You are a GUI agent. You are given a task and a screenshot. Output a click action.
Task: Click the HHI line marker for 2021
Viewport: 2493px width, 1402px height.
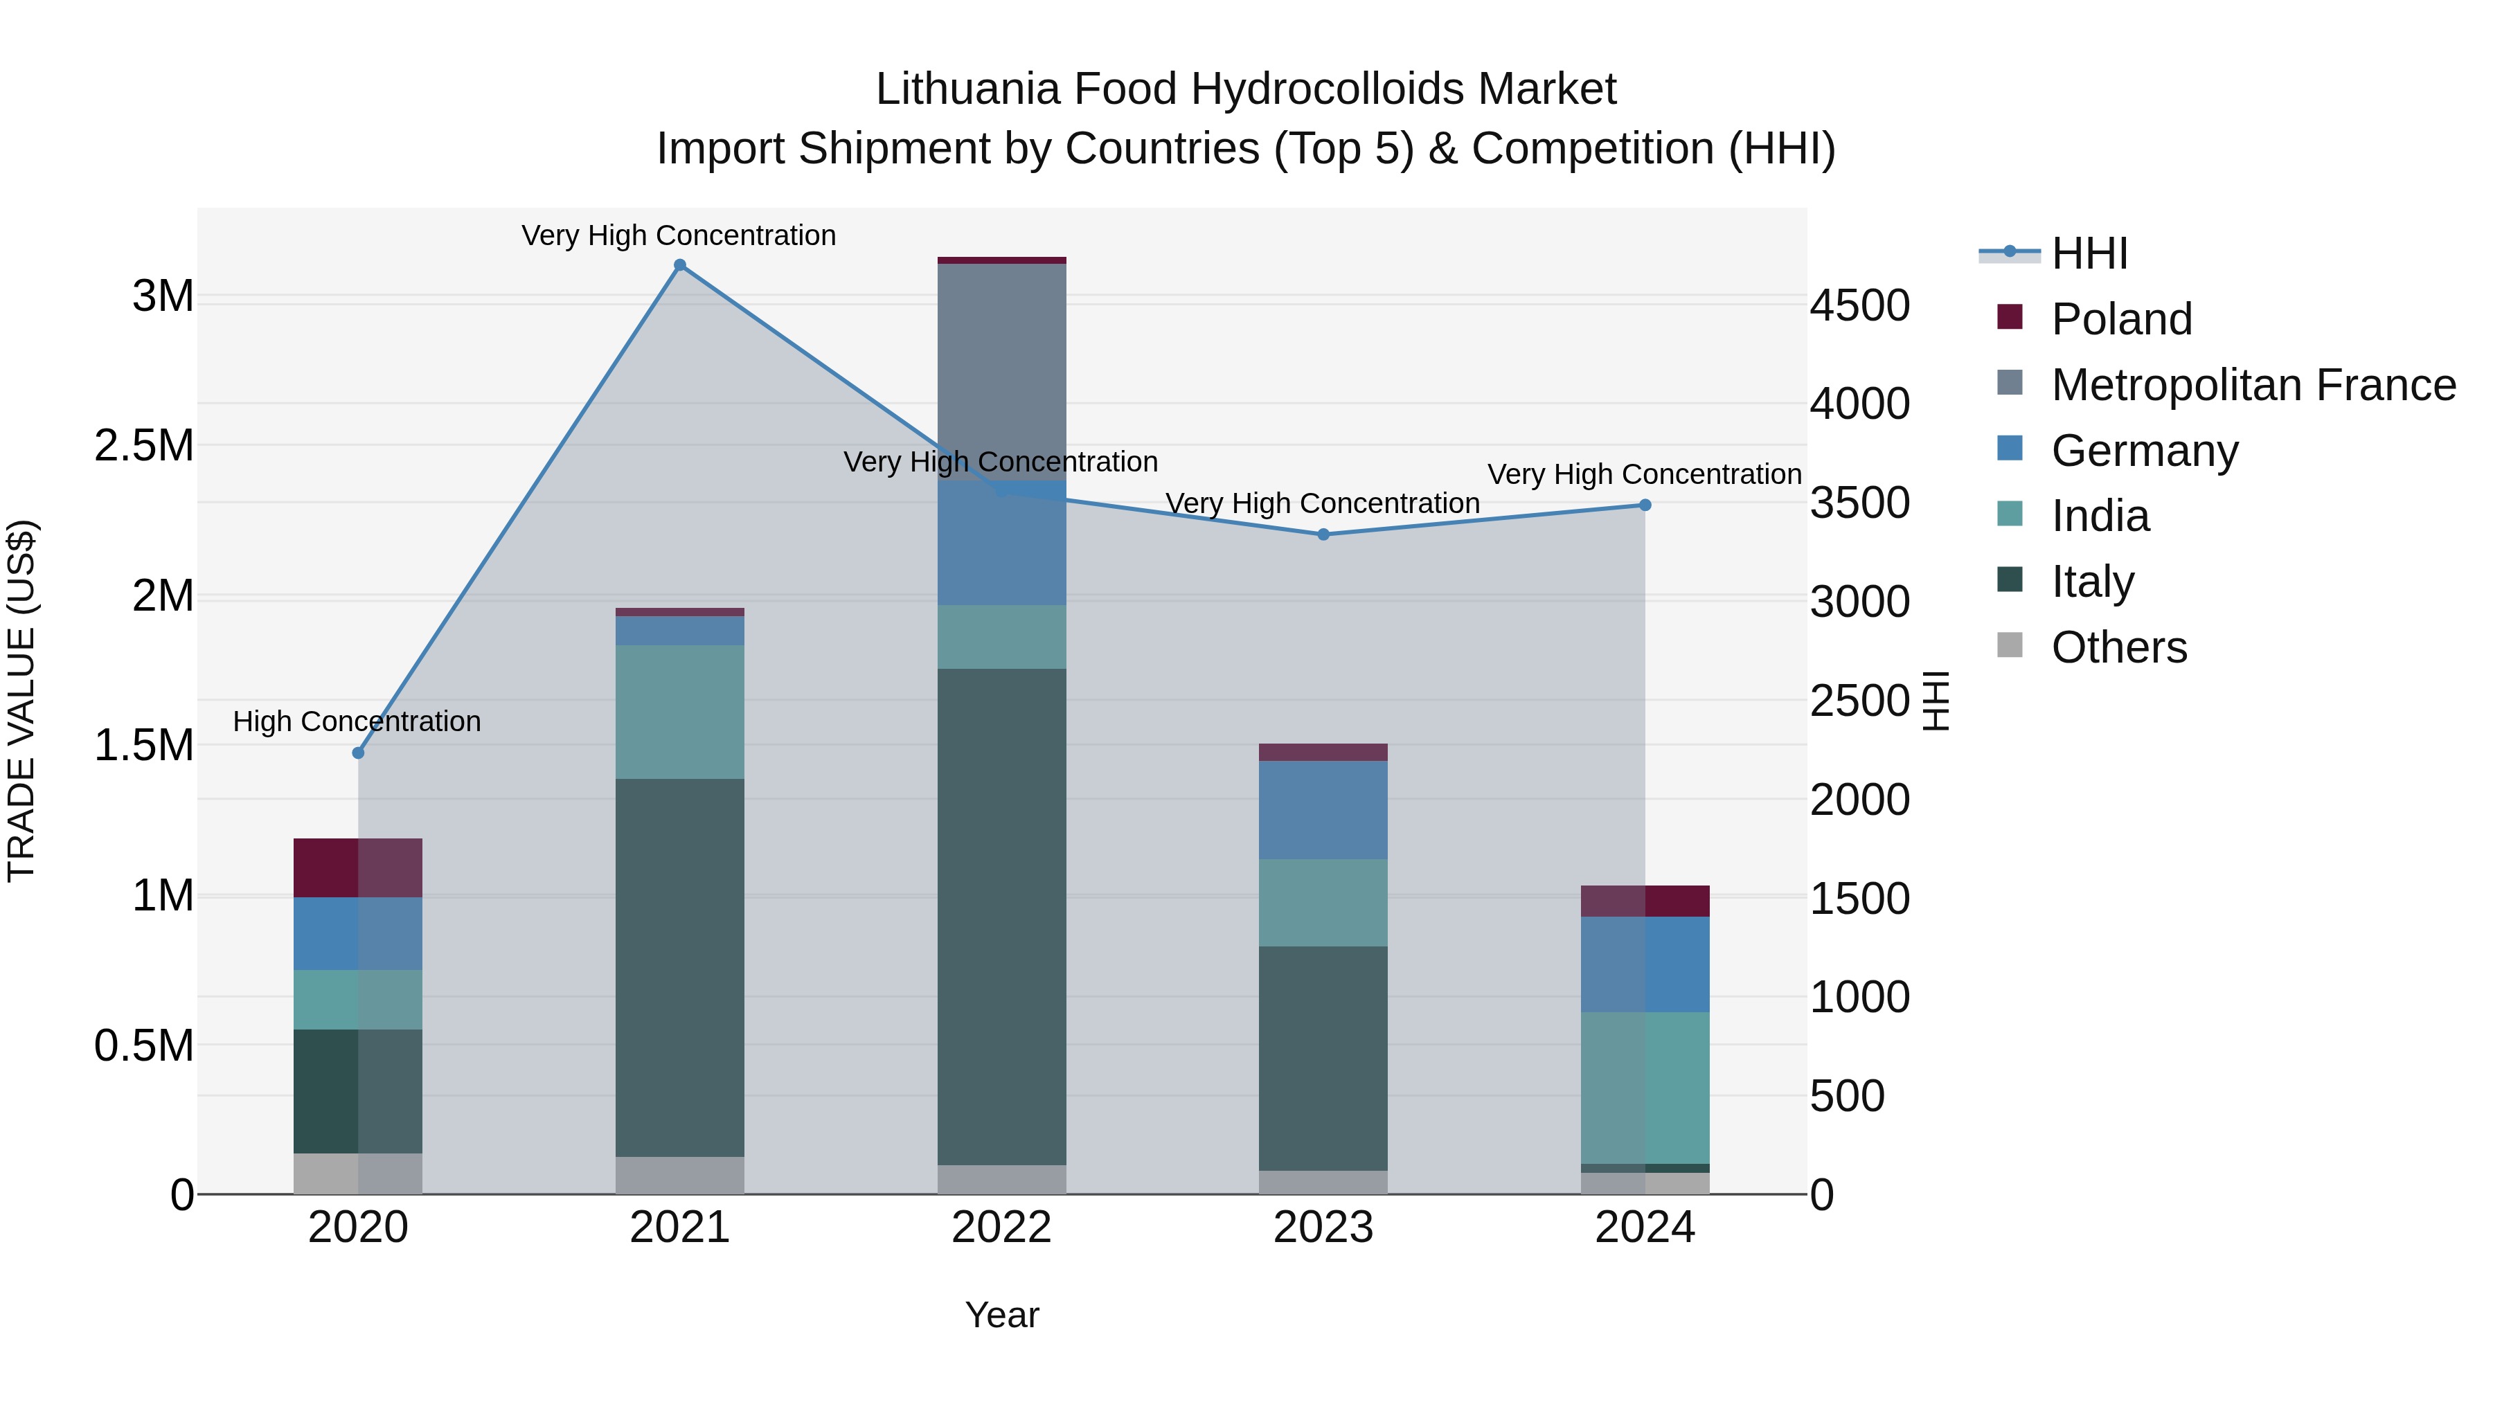coord(679,265)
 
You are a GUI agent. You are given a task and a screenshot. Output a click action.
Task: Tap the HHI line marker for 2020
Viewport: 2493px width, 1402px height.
coord(358,753)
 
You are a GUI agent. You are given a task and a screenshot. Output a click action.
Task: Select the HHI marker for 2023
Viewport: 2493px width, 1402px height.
coord(1323,534)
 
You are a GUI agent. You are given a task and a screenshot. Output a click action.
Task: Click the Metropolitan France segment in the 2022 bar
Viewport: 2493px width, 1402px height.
coord(1001,372)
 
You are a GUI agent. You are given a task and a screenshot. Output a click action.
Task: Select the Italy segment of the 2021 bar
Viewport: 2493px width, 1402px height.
coord(679,968)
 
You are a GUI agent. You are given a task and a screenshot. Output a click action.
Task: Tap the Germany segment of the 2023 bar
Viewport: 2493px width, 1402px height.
coord(1323,810)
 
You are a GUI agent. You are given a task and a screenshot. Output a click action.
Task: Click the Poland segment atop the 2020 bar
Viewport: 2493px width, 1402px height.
coord(358,868)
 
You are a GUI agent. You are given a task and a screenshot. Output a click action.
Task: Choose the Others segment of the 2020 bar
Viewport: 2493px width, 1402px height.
coord(358,1174)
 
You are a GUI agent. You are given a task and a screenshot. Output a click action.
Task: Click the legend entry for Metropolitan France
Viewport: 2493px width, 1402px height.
coord(2253,385)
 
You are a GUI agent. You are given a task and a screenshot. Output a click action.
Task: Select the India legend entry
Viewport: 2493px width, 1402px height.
coord(2100,516)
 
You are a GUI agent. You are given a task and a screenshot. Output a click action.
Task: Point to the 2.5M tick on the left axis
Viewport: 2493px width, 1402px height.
coord(144,446)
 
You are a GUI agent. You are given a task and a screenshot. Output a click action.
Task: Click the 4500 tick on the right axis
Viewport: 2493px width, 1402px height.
coord(1859,306)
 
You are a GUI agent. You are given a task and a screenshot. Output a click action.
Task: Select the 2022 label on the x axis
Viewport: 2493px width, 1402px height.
coord(1001,1228)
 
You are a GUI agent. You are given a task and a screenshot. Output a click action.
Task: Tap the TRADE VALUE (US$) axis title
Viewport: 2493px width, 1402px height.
coord(21,701)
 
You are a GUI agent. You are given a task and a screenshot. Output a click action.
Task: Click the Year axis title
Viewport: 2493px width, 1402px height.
coord(1001,1315)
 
